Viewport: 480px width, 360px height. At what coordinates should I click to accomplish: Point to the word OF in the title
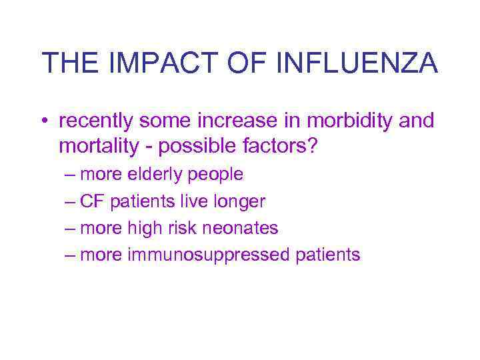click(249, 63)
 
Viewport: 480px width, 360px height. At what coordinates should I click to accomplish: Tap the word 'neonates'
click(241, 228)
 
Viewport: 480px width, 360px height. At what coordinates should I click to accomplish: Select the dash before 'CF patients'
click(71, 201)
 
